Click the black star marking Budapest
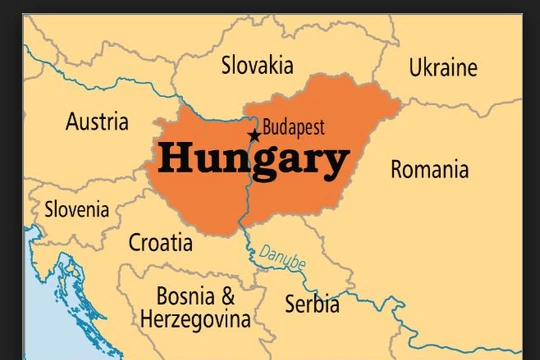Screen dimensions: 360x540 (x=254, y=134)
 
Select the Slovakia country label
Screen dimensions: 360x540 (x=257, y=66)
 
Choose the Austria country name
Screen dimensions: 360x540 (x=97, y=122)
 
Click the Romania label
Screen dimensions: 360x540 (x=429, y=169)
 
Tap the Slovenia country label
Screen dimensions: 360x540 (x=77, y=210)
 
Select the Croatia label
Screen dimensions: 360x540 (x=161, y=241)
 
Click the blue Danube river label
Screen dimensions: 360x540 (x=283, y=256)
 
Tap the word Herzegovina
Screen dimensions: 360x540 (x=195, y=320)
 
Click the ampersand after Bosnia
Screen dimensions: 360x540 (x=228, y=296)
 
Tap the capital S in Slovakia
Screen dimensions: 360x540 (x=227, y=66)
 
